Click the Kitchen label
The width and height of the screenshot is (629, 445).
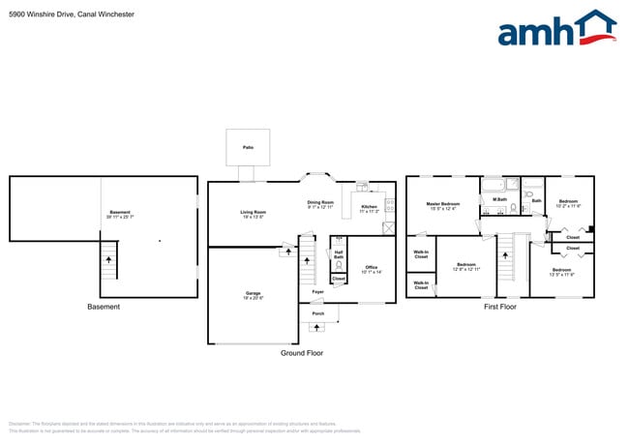click(x=370, y=208)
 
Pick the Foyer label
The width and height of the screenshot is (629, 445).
click(x=317, y=291)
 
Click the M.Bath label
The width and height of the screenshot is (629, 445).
click(x=500, y=201)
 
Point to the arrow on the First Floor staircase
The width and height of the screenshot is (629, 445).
click(x=506, y=258)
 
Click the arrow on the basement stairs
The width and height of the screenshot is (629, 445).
click(x=108, y=259)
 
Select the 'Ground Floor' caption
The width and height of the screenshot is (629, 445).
click(x=302, y=353)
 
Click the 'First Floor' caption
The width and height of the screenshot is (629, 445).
click(x=500, y=307)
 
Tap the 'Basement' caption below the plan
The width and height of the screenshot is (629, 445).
click(x=104, y=307)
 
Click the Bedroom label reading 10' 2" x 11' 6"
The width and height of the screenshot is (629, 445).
click(x=567, y=203)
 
